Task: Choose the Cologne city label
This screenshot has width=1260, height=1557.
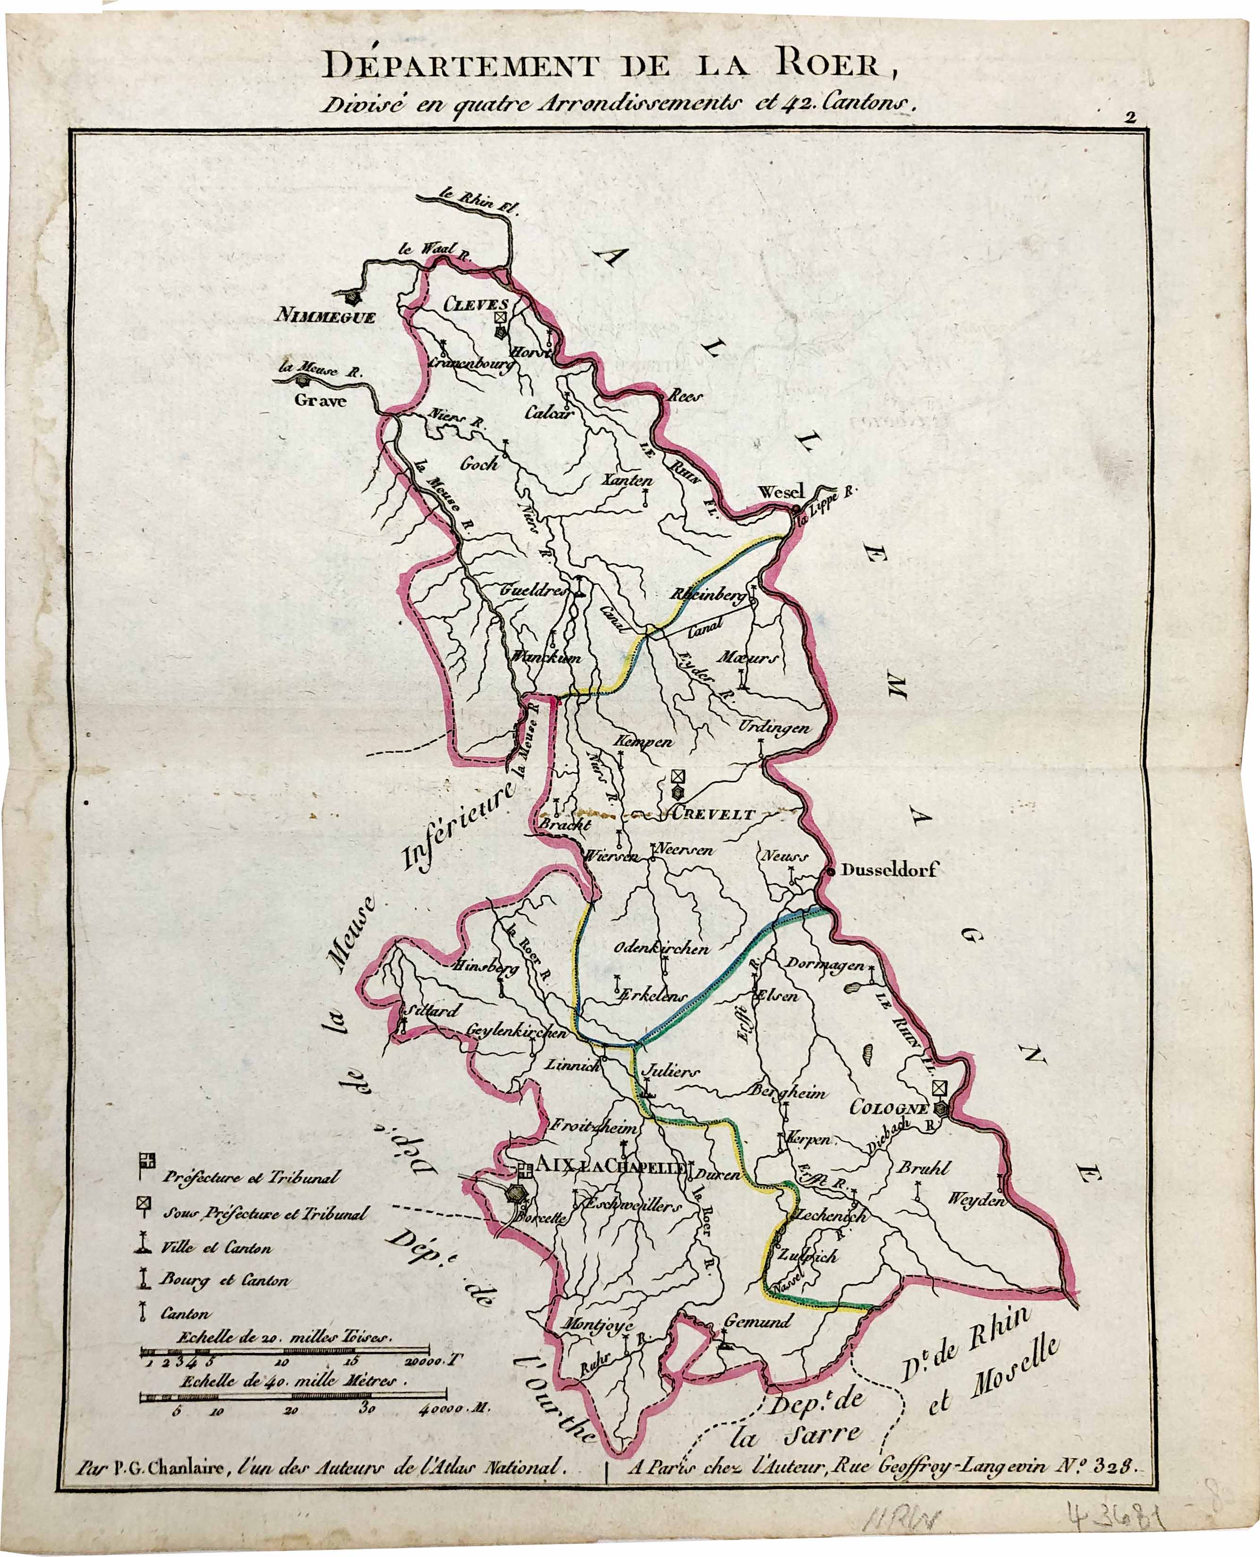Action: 889,1108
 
